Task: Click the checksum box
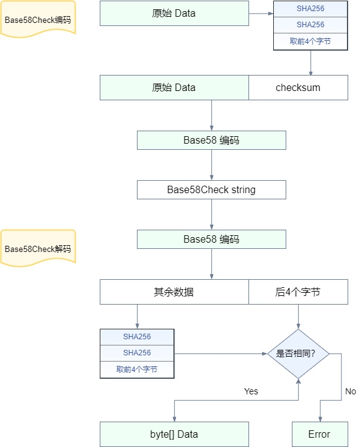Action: [298, 87]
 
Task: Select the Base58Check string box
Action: [211, 189]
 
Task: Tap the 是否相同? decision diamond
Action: [298, 354]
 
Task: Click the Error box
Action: [320, 434]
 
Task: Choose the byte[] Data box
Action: [174, 434]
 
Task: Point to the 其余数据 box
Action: [174, 292]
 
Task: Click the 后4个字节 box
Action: [298, 292]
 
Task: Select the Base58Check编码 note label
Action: [38, 19]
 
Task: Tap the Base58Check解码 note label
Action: [38, 248]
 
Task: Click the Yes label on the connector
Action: [251, 391]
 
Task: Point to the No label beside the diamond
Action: [351, 391]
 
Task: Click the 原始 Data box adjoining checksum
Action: [174, 87]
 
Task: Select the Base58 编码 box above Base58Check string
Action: [211, 141]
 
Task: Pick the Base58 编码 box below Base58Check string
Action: [211, 239]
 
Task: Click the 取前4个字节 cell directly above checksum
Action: [310, 41]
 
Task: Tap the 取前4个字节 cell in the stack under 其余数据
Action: [137, 370]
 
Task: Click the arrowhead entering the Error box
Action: [320, 419]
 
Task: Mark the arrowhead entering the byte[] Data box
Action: [174, 419]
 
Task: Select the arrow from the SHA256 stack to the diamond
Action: [221, 354]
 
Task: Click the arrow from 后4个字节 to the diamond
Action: [299, 317]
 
